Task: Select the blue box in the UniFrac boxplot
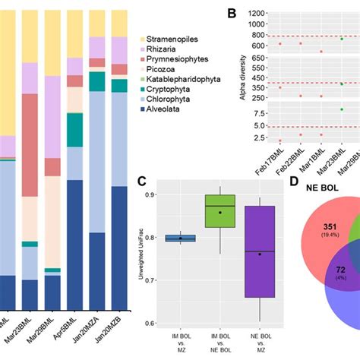click(x=180, y=238)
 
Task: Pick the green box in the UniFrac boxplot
click(x=220, y=210)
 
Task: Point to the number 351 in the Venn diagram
click(x=309, y=227)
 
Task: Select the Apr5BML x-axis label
click(x=71, y=319)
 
